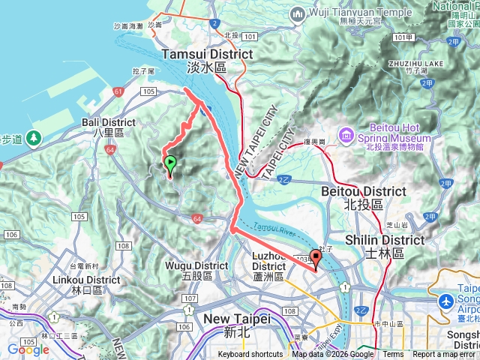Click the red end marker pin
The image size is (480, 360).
(x=316, y=259)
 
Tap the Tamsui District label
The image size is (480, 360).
(x=208, y=60)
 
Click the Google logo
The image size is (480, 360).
(x=28, y=349)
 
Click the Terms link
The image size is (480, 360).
(x=393, y=355)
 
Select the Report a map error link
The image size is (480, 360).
(x=444, y=355)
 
